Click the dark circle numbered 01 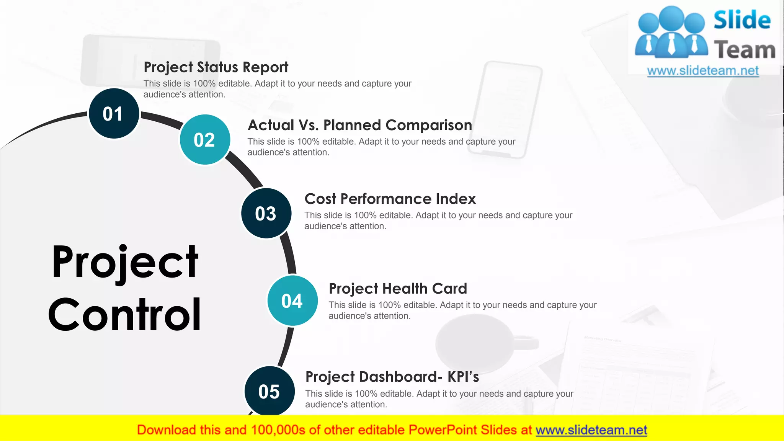(114, 114)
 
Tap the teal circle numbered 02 (205, 140)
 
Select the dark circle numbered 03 (266, 213)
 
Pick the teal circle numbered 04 (292, 301)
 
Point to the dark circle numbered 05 (269, 391)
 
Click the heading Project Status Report (216, 67)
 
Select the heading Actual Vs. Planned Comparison (359, 125)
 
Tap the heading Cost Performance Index (390, 199)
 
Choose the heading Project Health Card (398, 289)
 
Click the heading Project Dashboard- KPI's (392, 377)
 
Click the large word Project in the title (125, 263)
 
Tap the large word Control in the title (124, 315)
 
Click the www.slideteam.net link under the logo (703, 71)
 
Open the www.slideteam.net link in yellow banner (591, 430)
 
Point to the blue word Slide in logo (742, 20)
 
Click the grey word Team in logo (745, 50)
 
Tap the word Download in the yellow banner (166, 430)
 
